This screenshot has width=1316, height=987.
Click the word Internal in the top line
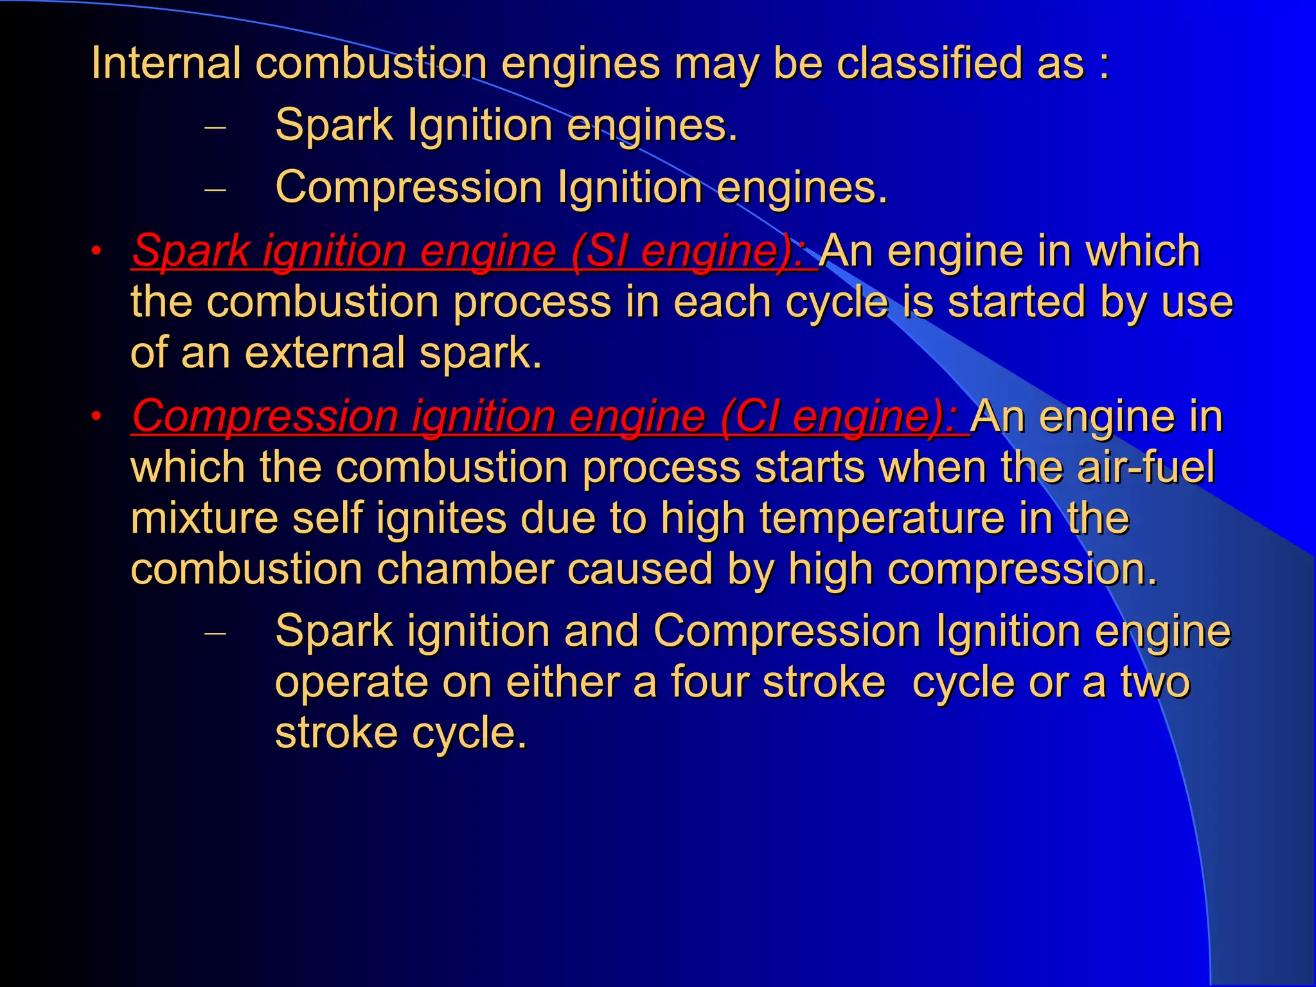pyautogui.click(x=166, y=63)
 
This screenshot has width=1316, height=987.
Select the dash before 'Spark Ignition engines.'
pyautogui.click(x=215, y=127)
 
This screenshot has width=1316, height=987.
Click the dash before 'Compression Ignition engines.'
pyautogui.click(x=215, y=190)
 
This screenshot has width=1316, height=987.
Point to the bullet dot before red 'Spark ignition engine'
pyautogui.click(x=96, y=251)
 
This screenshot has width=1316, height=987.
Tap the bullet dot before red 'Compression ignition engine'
pyautogui.click(x=96, y=416)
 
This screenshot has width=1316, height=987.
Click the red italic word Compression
pyautogui.click(x=264, y=416)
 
